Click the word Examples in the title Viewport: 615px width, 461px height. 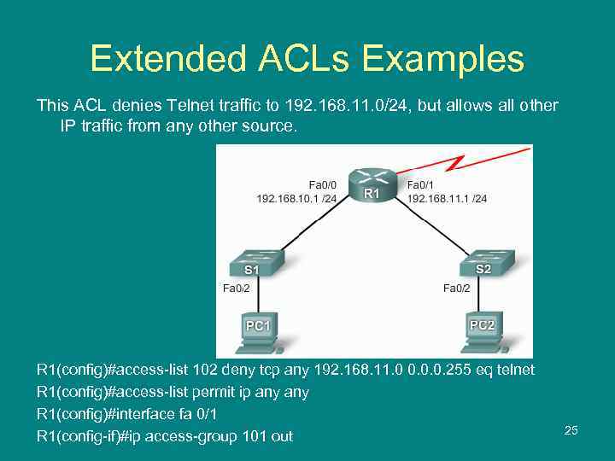coord(442,60)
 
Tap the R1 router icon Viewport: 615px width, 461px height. coord(372,182)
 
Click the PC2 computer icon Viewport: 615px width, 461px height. coord(482,332)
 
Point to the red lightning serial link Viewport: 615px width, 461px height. coord(461,161)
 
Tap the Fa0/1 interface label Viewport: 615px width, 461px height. coord(422,184)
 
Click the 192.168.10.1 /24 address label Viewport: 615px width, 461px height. coord(296,198)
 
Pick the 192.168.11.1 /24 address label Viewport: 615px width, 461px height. coord(448,198)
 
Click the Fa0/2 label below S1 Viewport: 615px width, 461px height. coord(237,289)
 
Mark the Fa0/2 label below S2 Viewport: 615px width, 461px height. coord(456,289)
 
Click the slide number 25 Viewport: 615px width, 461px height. coord(571,430)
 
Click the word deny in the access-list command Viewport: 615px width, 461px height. coord(237,370)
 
